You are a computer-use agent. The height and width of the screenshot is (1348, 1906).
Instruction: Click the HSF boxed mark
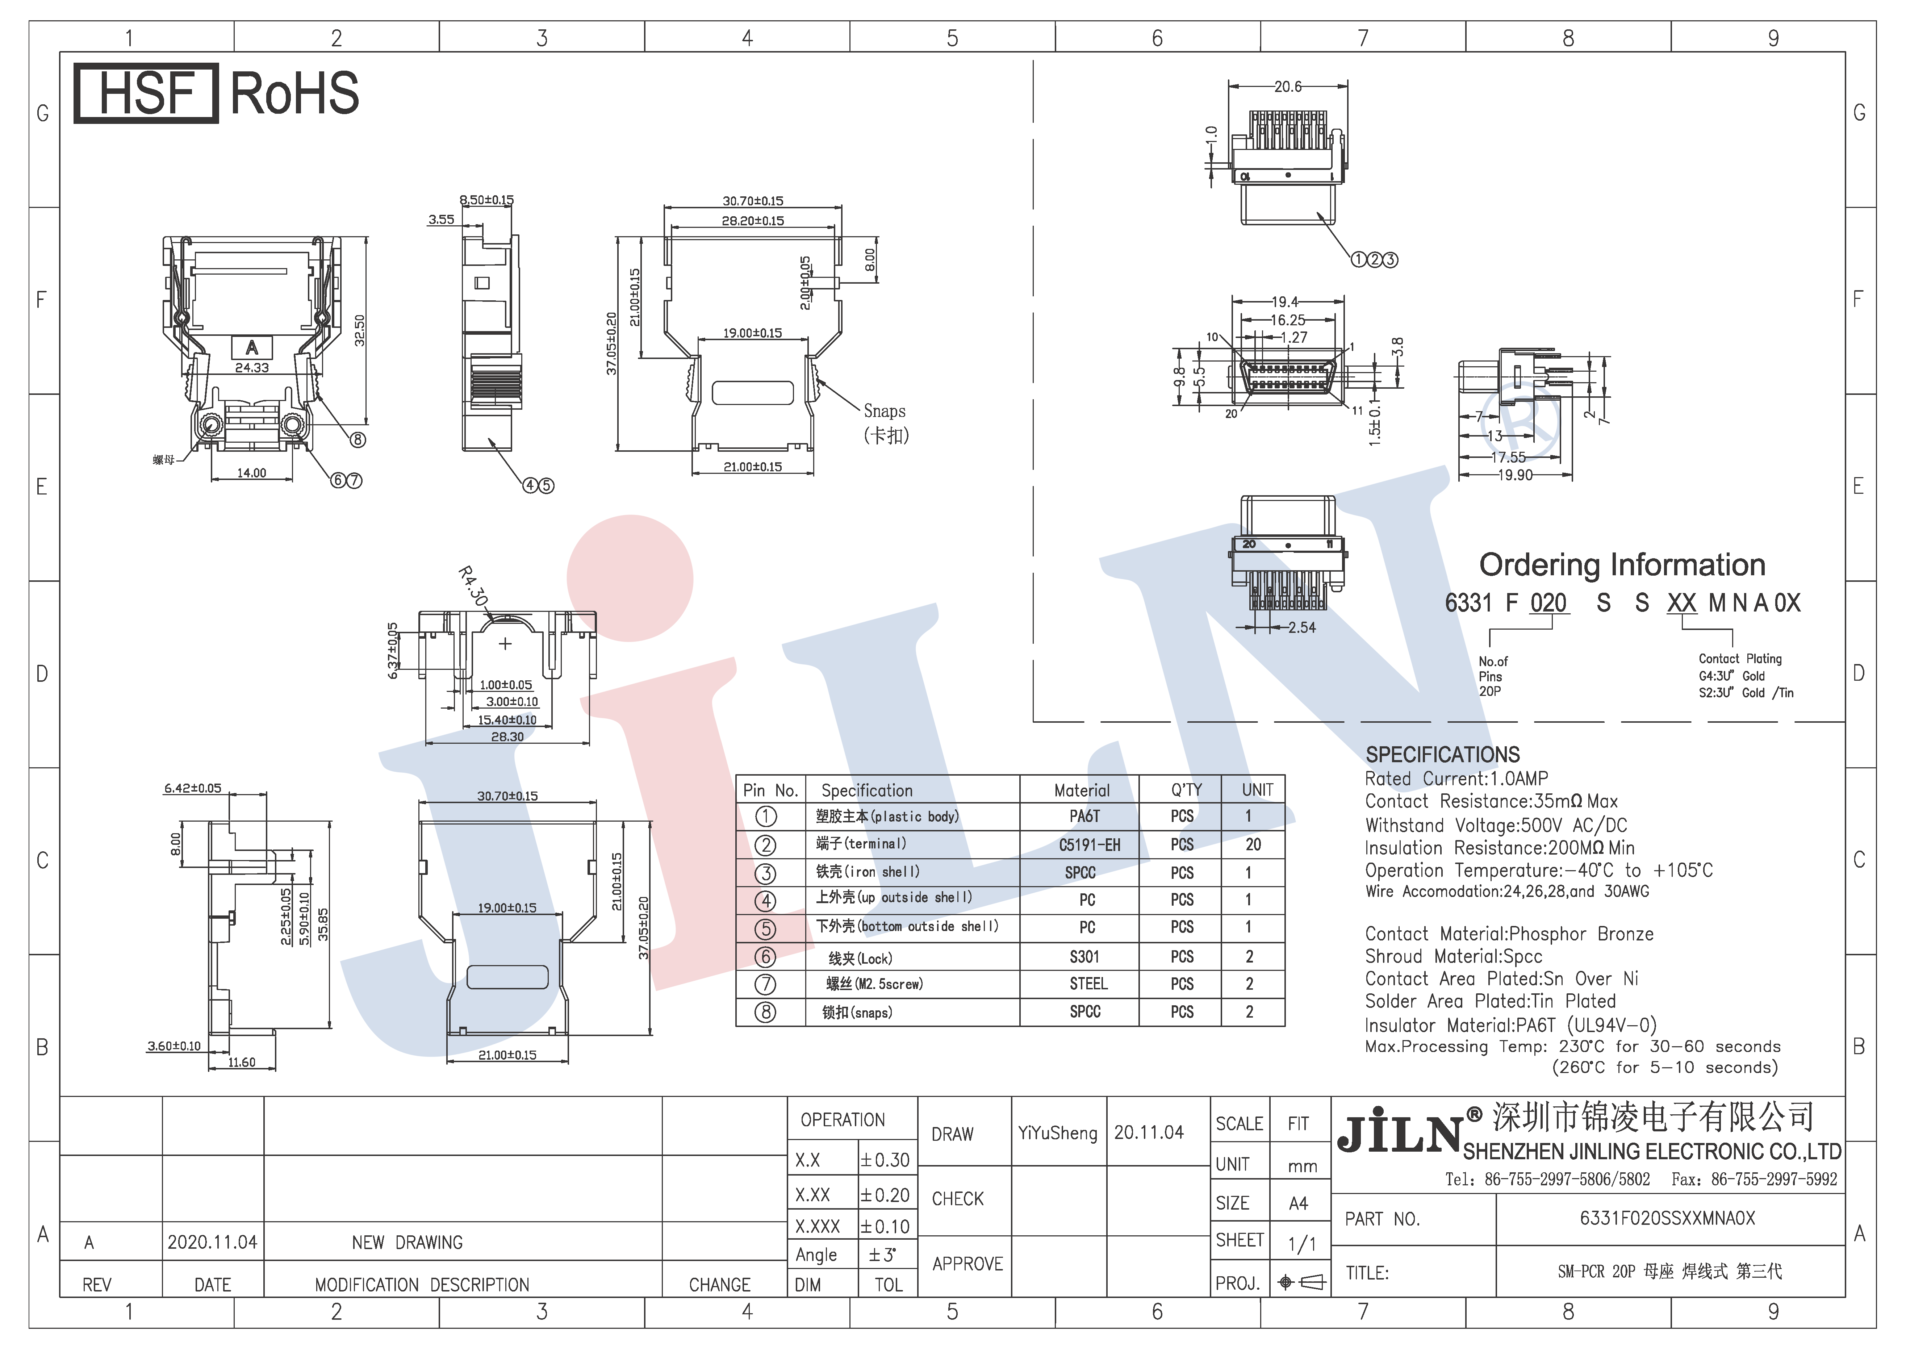(x=146, y=93)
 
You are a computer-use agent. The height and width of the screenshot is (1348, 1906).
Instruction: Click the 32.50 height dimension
(x=359, y=330)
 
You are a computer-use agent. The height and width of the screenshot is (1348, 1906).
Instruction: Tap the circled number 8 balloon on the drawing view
(x=358, y=440)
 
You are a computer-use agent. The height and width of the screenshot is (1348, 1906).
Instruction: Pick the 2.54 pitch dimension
(x=1302, y=627)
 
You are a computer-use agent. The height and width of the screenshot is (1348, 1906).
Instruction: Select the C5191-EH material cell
(x=1089, y=845)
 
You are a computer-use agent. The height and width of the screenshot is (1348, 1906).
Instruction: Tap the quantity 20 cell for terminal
(x=1253, y=845)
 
